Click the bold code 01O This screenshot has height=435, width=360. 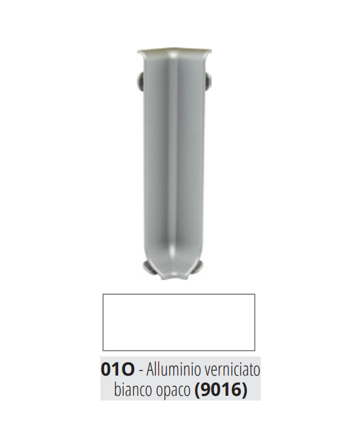(x=117, y=369)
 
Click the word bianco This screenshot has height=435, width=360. (x=131, y=389)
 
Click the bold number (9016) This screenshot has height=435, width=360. (x=221, y=390)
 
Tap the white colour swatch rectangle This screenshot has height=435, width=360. (x=179, y=322)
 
